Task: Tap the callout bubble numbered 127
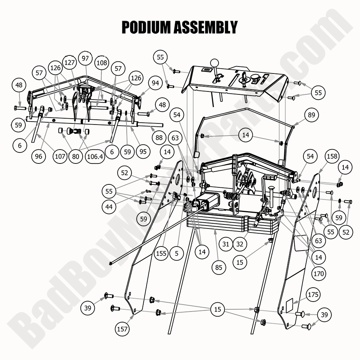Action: [x=70, y=63]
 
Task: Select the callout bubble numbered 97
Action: [x=86, y=58]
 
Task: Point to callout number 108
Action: [x=102, y=63]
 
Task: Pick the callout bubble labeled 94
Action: [x=155, y=83]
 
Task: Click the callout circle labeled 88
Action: [x=159, y=138]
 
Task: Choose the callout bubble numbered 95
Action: [x=143, y=151]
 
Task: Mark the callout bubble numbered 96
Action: [x=39, y=156]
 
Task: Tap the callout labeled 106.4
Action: [x=95, y=156]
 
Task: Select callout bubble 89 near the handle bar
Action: [x=312, y=115]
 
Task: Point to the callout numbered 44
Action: [x=109, y=207]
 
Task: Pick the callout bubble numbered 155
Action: [x=161, y=253]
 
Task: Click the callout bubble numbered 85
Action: [x=219, y=268]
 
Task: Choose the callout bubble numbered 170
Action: [x=318, y=274]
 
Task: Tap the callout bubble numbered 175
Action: [x=314, y=295]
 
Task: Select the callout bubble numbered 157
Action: [x=122, y=329]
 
